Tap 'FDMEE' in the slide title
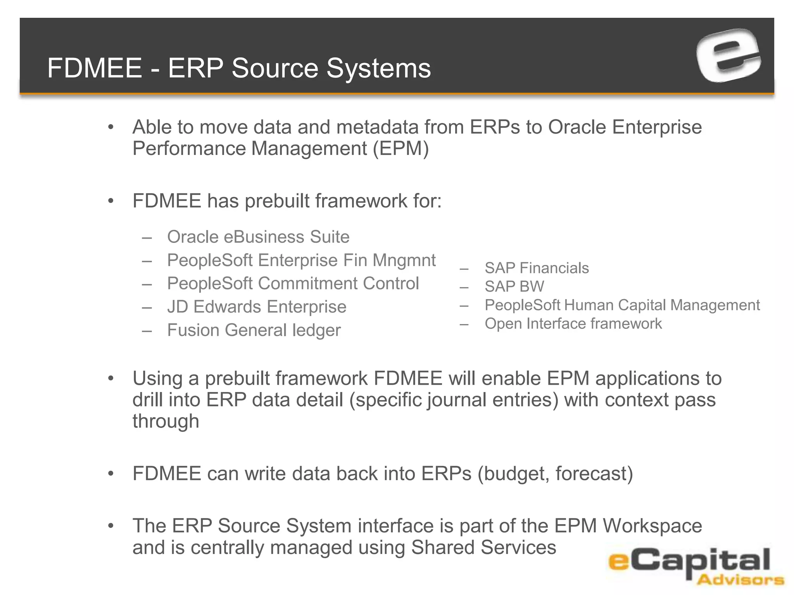tap(95, 68)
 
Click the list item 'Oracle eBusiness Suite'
tap(258, 237)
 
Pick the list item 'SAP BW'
tap(514, 287)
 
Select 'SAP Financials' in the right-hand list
tap(537, 268)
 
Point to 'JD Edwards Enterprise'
tap(257, 307)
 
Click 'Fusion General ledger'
tap(254, 330)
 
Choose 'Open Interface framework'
tap(573, 324)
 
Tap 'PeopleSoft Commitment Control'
tap(293, 284)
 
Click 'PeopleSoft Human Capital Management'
tap(622, 305)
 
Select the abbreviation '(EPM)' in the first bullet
tap(401, 149)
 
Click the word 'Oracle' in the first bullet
tap(577, 127)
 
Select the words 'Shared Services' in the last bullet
tap(483, 548)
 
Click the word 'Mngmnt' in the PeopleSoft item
tap(404, 260)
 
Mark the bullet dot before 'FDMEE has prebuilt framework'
tap(111, 201)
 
